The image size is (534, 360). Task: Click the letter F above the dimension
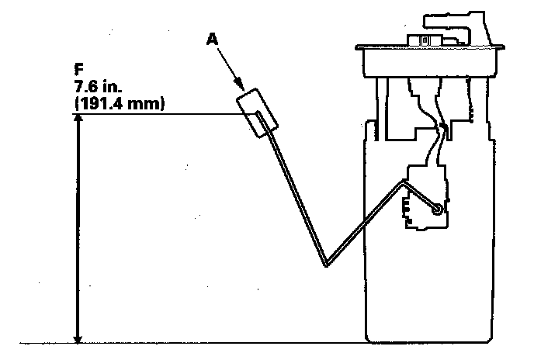pyautogui.click(x=75, y=67)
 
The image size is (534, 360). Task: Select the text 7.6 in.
pyautogui.click(x=95, y=85)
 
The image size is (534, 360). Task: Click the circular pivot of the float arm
pyautogui.click(x=438, y=208)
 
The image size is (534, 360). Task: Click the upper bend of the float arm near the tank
pyautogui.click(x=403, y=183)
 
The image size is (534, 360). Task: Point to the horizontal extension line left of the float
pyautogui.click(x=155, y=115)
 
